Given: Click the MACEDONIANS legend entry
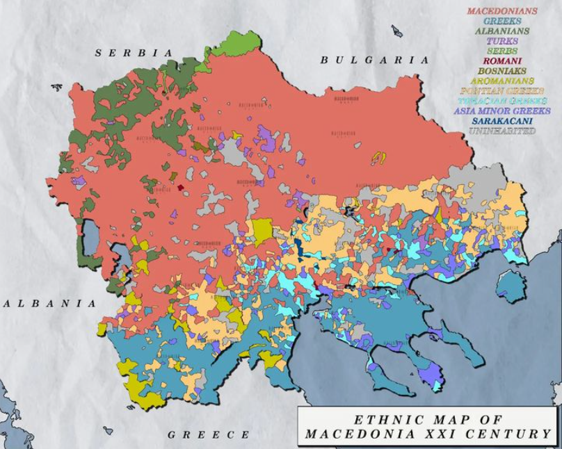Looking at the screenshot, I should [501, 11].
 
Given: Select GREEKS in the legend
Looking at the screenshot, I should [501, 21].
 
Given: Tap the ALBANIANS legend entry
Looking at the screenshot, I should [501, 31].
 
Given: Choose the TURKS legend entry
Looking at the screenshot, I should [501, 41].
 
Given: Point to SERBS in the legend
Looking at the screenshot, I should [501, 51].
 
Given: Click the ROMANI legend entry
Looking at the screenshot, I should [501, 61].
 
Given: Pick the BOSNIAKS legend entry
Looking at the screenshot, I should [501, 71].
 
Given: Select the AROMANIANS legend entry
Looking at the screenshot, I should [501, 81].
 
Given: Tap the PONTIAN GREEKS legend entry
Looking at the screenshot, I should [501, 91].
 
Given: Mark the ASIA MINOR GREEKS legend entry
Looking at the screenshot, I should [501, 111].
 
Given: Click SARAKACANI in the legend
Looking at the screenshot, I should [501, 120].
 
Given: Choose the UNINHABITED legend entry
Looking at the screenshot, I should [501, 131].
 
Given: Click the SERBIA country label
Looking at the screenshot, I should [134, 53].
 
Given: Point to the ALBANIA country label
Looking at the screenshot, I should [49, 304].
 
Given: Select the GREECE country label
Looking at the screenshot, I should [209, 435].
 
